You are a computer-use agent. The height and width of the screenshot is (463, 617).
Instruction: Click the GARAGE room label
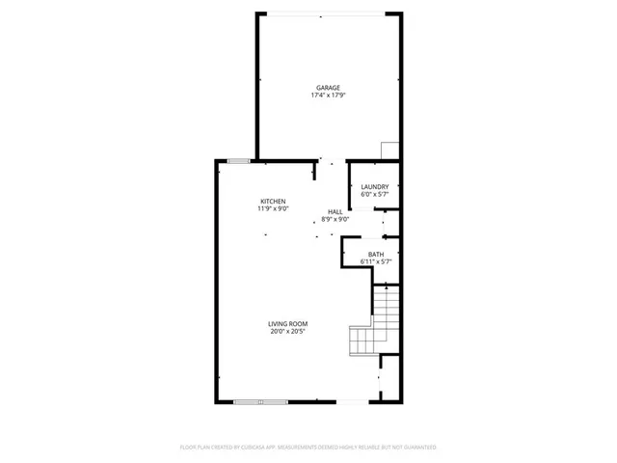coord(327,88)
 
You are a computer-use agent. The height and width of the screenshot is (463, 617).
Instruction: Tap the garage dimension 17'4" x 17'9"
coord(327,95)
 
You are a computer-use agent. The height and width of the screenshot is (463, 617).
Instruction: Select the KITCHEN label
coord(273,201)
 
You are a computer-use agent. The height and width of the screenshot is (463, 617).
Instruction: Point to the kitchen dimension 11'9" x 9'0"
coord(273,208)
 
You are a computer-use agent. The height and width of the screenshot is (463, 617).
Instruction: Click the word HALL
coord(335,211)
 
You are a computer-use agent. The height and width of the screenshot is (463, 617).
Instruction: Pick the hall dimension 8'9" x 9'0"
coord(335,219)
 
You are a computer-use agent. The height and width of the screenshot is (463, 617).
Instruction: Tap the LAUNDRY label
coord(374,186)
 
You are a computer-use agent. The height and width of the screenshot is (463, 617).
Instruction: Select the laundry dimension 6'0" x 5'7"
coord(374,194)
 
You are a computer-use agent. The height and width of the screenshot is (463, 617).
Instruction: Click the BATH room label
coord(375,255)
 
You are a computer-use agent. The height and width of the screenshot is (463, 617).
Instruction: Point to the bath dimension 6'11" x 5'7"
coord(375,261)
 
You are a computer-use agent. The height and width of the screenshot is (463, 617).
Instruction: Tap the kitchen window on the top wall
coord(239,159)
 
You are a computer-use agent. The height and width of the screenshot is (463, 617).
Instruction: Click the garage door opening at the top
coord(328,14)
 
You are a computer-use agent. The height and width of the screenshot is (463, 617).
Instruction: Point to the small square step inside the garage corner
coord(389,150)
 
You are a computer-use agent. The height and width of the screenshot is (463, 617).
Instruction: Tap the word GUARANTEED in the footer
coord(416,448)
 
